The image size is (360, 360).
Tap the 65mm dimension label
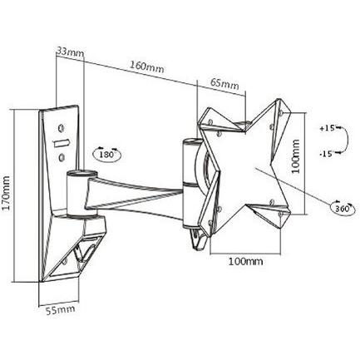point(224,84)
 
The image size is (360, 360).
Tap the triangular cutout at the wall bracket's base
point(83,249)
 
